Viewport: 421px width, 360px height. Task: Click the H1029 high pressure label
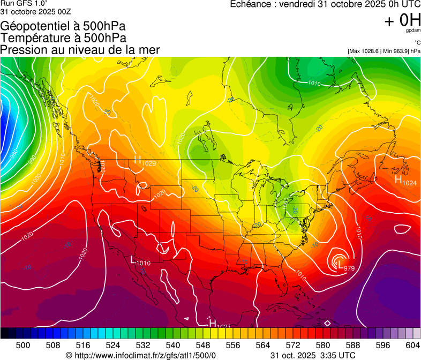145,161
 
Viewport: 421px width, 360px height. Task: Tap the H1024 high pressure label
405,182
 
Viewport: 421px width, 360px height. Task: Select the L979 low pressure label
343,266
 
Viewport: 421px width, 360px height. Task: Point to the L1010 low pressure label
140,261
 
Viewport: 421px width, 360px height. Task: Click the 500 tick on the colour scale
23,345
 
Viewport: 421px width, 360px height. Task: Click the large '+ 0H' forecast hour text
402,20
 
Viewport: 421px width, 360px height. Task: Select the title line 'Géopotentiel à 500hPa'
63,26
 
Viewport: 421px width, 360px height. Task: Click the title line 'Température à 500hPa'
63,38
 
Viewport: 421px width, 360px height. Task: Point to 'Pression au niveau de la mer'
80,50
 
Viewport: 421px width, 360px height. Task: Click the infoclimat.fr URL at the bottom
140,355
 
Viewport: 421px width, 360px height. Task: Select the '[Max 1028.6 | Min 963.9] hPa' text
384,51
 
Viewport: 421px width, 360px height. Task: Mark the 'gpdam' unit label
414,31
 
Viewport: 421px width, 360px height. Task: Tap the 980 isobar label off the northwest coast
13,155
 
